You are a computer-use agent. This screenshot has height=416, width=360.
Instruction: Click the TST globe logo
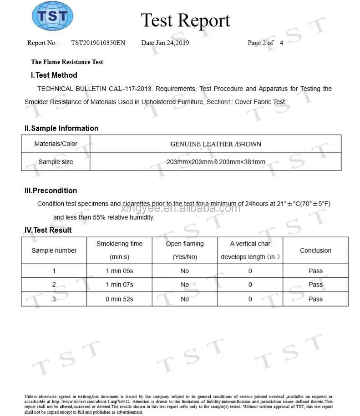pyautogui.click(x=52, y=16)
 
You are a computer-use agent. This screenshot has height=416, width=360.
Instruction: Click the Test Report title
pyautogui.click(x=185, y=21)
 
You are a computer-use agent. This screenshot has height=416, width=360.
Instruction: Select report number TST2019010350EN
pyautogui.click(x=98, y=43)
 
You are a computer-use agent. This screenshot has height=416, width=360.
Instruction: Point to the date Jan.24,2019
pyautogui.click(x=165, y=43)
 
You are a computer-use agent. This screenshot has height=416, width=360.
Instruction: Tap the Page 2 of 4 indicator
pyautogui.click(x=265, y=43)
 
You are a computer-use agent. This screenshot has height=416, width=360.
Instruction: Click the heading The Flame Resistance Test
pyautogui.click(x=67, y=62)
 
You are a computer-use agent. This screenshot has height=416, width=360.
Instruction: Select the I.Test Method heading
pyautogui.click(x=54, y=75)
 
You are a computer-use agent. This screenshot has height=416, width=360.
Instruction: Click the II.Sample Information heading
pyautogui.click(x=61, y=128)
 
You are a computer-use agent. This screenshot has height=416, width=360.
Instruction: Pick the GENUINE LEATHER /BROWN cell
pyautogui.click(x=216, y=144)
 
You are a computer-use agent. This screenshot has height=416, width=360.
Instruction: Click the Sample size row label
pyautogui.click(x=56, y=162)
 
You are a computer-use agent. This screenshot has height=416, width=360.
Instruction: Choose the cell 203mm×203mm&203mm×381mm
pyautogui.click(x=216, y=162)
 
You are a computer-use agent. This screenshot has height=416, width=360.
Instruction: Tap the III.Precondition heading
pyautogui.click(x=51, y=190)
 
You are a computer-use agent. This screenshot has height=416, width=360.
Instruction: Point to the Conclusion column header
pyautogui.click(x=315, y=251)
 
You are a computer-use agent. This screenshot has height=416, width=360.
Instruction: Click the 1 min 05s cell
pyautogui.click(x=119, y=271)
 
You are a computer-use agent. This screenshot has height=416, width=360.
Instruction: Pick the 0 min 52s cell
pyautogui.click(x=119, y=299)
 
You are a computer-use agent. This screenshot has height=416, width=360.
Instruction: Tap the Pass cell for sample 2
pyautogui.click(x=315, y=285)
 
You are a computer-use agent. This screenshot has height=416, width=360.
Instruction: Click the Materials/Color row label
pyautogui.click(x=56, y=144)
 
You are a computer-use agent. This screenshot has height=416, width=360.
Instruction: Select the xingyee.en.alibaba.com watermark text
pyautogui.click(x=181, y=208)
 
